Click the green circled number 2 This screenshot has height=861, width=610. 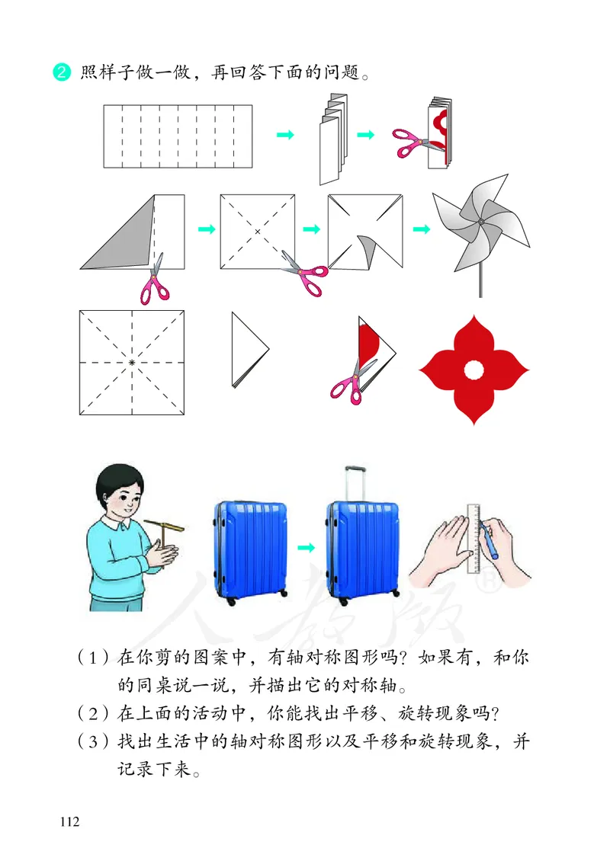pos(60,73)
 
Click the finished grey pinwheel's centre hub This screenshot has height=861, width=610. pos(480,222)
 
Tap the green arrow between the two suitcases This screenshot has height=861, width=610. pos(306,547)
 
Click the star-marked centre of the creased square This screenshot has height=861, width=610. pos(133,363)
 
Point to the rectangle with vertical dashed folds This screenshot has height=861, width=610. pos(178,136)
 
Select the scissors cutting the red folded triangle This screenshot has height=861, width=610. pos(351,381)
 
